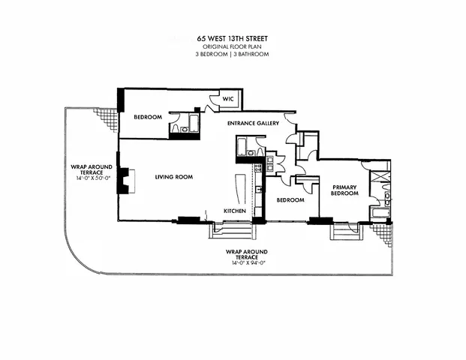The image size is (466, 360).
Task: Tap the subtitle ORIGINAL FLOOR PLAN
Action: [233, 46]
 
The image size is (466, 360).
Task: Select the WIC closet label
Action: [227, 99]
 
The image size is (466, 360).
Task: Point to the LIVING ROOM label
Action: [174, 177]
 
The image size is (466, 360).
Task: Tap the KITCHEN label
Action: [236, 211]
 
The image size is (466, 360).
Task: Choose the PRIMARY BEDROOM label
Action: [346, 190]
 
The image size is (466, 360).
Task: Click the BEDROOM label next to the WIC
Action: [148, 118]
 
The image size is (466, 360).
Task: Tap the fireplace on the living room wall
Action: [128, 181]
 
